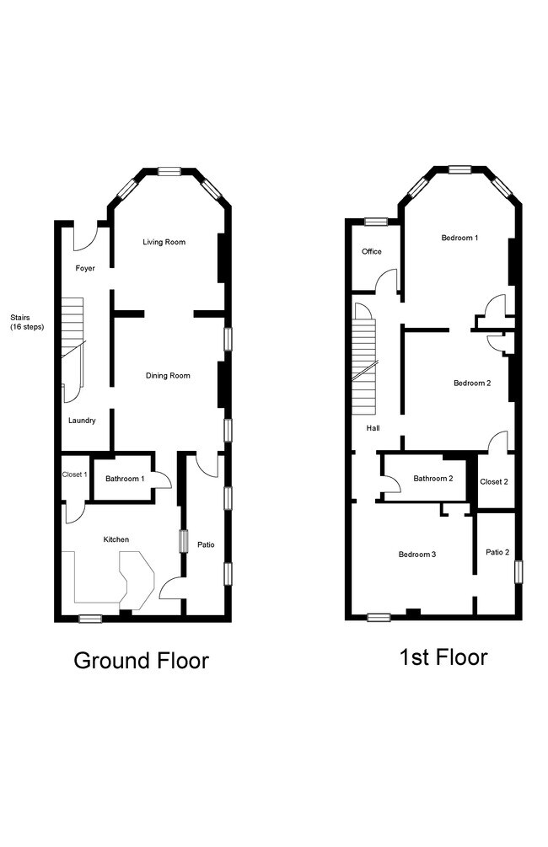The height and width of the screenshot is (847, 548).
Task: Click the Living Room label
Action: click(164, 242)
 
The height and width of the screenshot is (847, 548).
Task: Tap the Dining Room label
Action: click(168, 375)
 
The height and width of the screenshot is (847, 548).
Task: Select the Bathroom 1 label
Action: click(125, 479)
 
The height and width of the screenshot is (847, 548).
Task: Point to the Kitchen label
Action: click(116, 539)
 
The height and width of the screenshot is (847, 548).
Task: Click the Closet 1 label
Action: click(74, 474)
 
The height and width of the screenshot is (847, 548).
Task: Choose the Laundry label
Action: click(82, 421)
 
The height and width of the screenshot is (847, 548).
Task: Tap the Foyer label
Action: click(85, 268)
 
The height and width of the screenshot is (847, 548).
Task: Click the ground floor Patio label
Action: click(206, 544)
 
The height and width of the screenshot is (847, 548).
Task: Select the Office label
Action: click(371, 251)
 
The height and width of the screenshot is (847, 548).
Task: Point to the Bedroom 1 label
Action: click(459, 238)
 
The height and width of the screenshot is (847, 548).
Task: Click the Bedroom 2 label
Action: click(472, 383)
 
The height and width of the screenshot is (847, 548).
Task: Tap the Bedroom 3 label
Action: click(417, 555)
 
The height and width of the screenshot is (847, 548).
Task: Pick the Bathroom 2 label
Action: click(432, 478)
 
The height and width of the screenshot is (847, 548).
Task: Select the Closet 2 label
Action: click(494, 481)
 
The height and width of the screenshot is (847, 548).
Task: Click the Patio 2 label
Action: click(497, 552)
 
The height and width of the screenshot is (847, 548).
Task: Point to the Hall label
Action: click(373, 428)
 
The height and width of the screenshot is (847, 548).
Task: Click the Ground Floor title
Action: click(141, 661)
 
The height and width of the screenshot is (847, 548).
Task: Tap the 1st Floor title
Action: click(443, 657)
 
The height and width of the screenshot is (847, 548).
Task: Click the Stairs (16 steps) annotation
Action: click(27, 323)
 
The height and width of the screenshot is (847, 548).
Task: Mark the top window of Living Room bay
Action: click(169, 171)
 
